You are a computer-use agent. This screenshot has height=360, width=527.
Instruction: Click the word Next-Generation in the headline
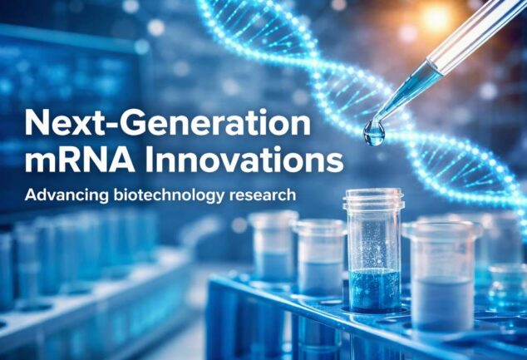point(166,124)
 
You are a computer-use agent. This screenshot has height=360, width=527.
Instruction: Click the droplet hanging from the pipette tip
point(374,133)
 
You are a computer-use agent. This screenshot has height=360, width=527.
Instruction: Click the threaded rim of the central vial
point(372,200)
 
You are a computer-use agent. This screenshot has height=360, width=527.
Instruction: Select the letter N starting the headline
point(37,124)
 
